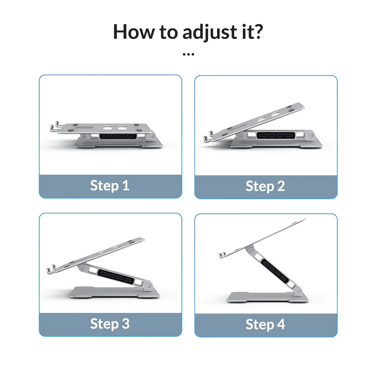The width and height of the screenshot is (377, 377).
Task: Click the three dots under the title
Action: click(x=188, y=55)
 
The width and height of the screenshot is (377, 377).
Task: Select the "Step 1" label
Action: click(x=110, y=186)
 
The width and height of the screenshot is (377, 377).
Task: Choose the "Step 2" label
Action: click(x=265, y=186)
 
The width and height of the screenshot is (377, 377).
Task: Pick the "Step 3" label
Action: click(x=110, y=324)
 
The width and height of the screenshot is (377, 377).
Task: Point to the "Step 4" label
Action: click(x=265, y=325)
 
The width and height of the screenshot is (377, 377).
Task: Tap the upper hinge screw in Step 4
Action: click(x=250, y=251)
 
